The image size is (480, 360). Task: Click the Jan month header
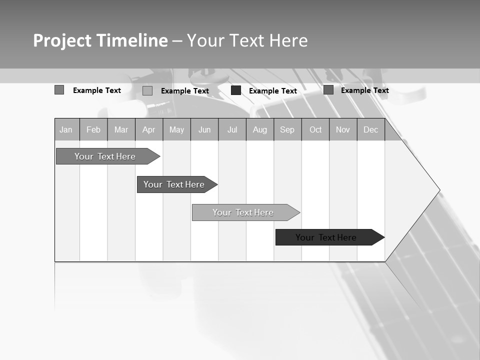click(x=66, y=130)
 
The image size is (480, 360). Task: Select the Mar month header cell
click(x=121, y=130)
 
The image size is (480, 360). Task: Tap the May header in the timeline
click(x=176, y=130)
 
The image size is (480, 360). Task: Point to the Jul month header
click(x=232, y=130)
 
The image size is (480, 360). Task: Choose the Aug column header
click(x=260, y=130)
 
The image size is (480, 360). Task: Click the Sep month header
click(x=287, y=130)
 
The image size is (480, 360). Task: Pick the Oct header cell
click(x=315, y=130)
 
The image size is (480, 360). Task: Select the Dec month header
click(x=371, y=130)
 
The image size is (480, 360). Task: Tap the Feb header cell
click(x=93, y=130)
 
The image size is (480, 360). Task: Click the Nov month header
click(x=343, y=130)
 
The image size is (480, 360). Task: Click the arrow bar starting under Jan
click(x=105, y=156)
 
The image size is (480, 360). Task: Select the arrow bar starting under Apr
click(x=174, y=184)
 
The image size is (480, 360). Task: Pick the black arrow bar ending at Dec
click(x=326, y=237)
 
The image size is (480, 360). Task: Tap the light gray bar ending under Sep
click(x=243, y=212)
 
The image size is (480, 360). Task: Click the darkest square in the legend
click(x=236, y=90)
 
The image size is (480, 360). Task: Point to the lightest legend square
click(x=147, y=90)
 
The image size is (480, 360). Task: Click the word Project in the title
click(x=62, y=40)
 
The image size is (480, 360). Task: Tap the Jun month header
click(x=204, y=130)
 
